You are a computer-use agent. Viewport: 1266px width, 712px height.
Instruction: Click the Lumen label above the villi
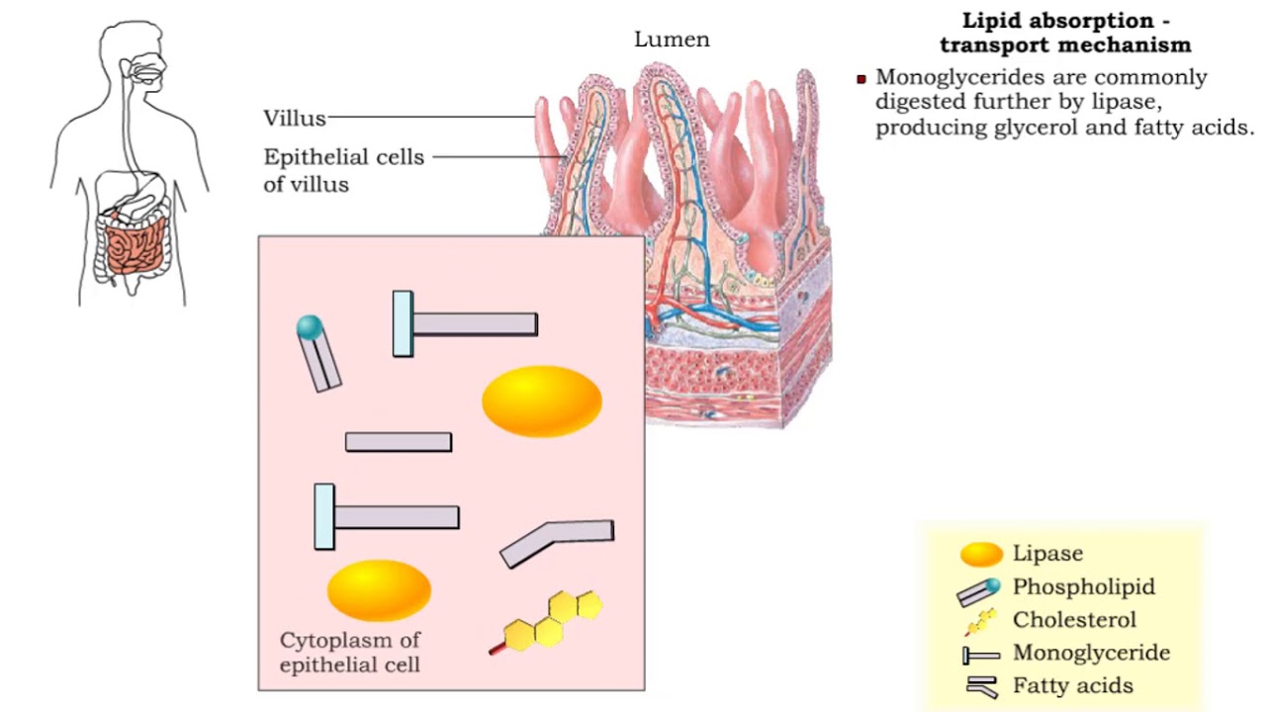click(x=672, y=41)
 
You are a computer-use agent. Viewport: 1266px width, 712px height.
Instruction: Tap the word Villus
click(x=294, y=119)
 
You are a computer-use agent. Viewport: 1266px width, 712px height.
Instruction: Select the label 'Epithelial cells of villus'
click(x=343, y=170)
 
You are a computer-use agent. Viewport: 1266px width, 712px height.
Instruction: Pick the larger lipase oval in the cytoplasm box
click(x=542, y=401)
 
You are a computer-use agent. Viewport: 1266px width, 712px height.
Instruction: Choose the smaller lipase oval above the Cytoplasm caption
click(x=379, y=589)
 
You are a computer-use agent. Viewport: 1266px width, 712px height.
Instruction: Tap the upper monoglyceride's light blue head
click(x=403, y=323)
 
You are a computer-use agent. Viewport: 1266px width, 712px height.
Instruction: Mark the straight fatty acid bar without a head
click(x=399, y=442)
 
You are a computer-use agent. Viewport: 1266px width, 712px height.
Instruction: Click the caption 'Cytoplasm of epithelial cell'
click(x=349, y=653)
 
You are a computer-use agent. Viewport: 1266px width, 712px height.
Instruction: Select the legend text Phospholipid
click(x=1083, y=586)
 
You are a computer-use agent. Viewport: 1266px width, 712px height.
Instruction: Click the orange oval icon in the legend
click(x=981, y=554)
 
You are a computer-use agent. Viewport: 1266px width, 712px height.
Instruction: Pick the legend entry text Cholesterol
click(x=1074, y=620)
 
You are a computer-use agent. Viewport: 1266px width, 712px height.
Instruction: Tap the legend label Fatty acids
click(x=1072, y=685)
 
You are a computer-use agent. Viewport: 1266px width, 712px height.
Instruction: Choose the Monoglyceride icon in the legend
click(x=981, y=655)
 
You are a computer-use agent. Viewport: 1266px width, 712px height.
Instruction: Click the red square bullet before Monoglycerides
click(x=861, y=79)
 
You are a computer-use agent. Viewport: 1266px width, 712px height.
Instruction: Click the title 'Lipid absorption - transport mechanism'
click(x=1065, y=33)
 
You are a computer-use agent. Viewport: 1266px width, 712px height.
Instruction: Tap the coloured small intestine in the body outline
click(x=135, y=246)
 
